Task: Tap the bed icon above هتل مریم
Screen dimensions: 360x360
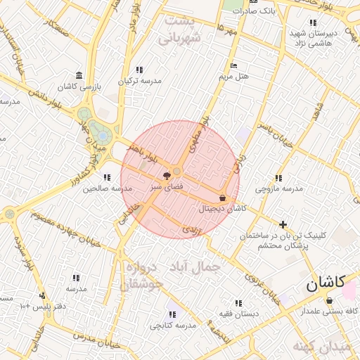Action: point(233,66)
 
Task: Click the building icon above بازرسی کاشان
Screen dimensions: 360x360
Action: point(78,75)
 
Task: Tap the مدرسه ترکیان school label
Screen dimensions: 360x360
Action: point(139,80)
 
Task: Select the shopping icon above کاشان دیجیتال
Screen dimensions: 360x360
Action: point(223,198)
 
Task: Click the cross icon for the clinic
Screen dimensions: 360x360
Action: point(283,225)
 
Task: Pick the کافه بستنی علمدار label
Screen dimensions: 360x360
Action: point(330,311)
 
